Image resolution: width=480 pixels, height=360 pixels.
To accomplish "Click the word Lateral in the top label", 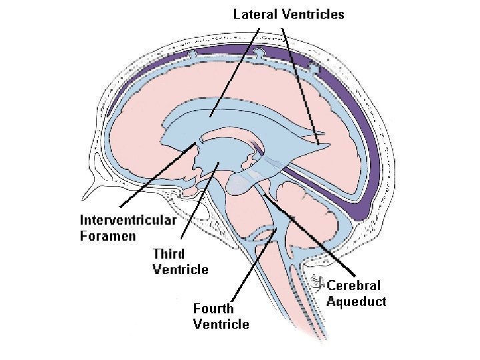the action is pos(255,15).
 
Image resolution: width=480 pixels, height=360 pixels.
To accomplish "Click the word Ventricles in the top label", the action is pos(313,15).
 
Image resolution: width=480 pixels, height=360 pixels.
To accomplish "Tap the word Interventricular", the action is pos(128,220).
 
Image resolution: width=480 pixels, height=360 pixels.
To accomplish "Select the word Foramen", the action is pos(108,236).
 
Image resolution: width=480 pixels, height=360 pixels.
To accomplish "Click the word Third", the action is pos(169,254).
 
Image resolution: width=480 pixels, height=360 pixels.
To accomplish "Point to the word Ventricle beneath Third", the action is pos(180,269).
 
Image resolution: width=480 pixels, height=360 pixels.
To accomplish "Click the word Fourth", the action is pos(213,308).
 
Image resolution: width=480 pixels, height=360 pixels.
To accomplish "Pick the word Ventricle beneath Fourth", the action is pos(221,324).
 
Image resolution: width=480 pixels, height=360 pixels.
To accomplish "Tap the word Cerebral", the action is pos(353,285).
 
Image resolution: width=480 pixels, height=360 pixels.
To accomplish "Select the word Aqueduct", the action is pos(356,301).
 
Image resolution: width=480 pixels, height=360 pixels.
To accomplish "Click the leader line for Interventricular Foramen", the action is pos(158,175).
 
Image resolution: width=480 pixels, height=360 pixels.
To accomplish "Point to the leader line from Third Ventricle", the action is pos(200,200).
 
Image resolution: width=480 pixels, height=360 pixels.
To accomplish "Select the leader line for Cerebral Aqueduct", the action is pos(309,234).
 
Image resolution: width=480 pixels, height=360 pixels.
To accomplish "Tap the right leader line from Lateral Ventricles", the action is pos(300,86).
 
